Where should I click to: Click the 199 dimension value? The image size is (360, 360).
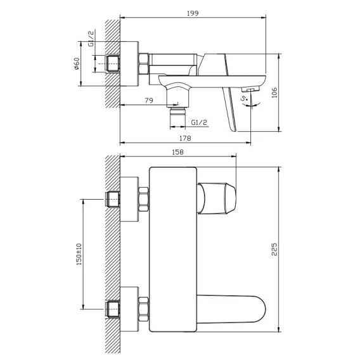tap(193, 13)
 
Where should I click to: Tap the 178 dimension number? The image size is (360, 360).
tap(185, 138)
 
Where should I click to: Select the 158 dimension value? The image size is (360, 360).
tap(177, 152)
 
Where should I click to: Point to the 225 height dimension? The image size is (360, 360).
tap(274, 249)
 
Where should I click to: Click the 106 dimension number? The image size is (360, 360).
tap(274, 93)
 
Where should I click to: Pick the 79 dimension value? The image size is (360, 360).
tap(149, 100)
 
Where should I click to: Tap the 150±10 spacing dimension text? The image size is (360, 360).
tap(79, 254)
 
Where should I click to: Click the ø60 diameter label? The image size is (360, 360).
tap(77, 63)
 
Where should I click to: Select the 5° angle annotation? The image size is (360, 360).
tap(244, 98)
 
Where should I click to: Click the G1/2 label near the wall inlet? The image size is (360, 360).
tap(91, 38)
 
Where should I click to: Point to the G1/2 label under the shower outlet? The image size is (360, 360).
tap(199, 122)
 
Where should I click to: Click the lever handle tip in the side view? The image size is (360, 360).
tap(233, 129)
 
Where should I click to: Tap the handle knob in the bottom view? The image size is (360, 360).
tap(217, 198)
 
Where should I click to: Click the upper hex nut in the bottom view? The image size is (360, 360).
tap(143, 199)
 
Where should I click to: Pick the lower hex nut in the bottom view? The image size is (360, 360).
tap(143, 309)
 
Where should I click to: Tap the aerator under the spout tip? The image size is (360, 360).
tap(251, 89)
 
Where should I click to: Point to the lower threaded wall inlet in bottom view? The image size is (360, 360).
tap(112, 309)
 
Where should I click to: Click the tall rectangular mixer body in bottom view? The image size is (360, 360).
tap(173, 249)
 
